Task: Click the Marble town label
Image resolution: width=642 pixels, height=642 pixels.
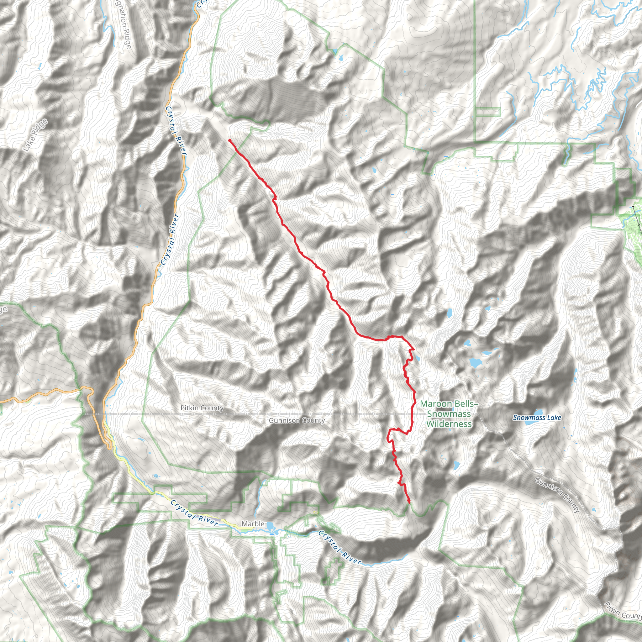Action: click(x=253, y=524)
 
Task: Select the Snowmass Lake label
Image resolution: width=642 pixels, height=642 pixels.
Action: click(x=537, y=418)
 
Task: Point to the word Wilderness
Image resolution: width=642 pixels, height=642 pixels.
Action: click(x=449, y=424)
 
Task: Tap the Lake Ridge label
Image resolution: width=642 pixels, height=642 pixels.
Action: click(x=35, y=135)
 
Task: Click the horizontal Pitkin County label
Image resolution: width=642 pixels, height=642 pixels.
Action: click(x=202, y=408)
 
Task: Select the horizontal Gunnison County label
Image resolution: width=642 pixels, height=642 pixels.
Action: click(x=297, y=421)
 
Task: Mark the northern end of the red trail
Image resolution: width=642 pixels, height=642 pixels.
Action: click(x=229, y=140)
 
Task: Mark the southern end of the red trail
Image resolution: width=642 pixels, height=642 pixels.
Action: click(x=409, y=502)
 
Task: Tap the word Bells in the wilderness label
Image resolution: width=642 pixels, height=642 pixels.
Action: click(x=466, y=404)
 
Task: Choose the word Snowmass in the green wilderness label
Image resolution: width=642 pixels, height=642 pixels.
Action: click(x=449, y=414)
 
